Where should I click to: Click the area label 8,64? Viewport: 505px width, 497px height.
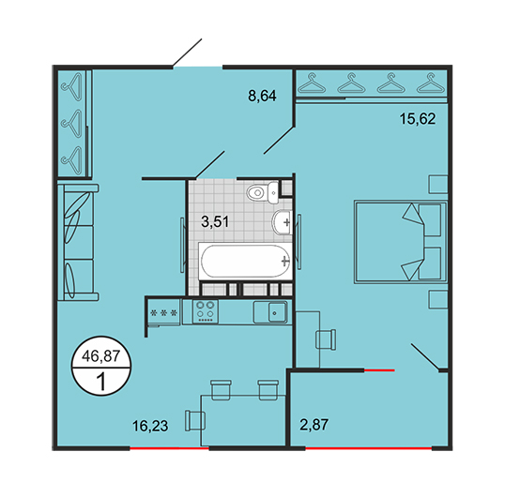(262, 96)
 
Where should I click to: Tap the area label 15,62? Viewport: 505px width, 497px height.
(418, 119)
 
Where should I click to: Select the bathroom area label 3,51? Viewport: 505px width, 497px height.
(215, 221)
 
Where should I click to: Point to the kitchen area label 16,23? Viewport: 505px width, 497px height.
(150, 426)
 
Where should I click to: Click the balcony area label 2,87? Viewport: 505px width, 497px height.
(314, 424)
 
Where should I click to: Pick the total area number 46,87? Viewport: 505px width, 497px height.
(100, 356)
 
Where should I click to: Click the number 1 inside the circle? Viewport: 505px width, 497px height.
(101, 382)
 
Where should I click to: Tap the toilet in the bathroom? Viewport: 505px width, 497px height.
(262, 192)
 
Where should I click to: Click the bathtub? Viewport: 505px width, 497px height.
(245, 262)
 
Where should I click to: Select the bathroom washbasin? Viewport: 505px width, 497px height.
(283, 222)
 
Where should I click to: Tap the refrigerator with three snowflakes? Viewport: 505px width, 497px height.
(164, 312)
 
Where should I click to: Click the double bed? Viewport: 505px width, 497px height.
(400, 242)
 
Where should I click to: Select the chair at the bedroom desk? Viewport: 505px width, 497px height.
(326, 339)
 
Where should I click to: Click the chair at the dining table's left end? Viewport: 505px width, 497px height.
(195, 421)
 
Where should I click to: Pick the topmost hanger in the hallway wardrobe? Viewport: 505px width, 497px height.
(73, 86)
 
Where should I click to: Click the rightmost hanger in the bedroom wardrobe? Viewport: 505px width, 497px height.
(431, 83)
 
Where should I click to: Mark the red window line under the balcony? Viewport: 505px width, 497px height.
(369, 447)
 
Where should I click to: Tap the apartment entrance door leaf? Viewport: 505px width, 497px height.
(187, 53)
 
